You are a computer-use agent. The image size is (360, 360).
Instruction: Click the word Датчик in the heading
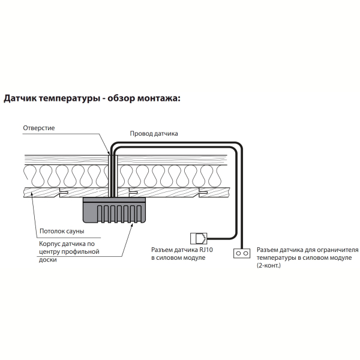pos(20,98)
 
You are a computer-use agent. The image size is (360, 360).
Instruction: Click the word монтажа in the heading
pos(158,98)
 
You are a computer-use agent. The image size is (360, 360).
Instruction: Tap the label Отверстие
pos(39,128)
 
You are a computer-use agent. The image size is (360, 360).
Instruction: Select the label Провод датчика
pos(154,134)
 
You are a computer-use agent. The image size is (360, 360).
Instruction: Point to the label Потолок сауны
pos(62,231)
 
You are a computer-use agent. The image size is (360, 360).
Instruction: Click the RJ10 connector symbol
pos(199,239)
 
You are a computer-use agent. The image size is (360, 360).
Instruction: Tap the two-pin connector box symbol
pos(242,253)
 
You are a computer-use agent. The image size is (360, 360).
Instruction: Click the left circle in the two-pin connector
pos(238,253)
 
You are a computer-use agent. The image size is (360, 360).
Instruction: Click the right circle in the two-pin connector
pos(245,253)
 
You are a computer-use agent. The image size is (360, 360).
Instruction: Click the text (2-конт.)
pos(269,266)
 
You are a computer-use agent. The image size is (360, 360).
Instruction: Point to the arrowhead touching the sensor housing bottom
pos(132,224)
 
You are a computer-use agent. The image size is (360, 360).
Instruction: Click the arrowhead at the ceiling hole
pos(109,152)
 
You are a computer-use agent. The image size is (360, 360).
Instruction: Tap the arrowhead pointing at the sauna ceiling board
pos(32,194)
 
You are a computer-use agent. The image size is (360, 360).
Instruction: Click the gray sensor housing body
pos(115,210)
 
